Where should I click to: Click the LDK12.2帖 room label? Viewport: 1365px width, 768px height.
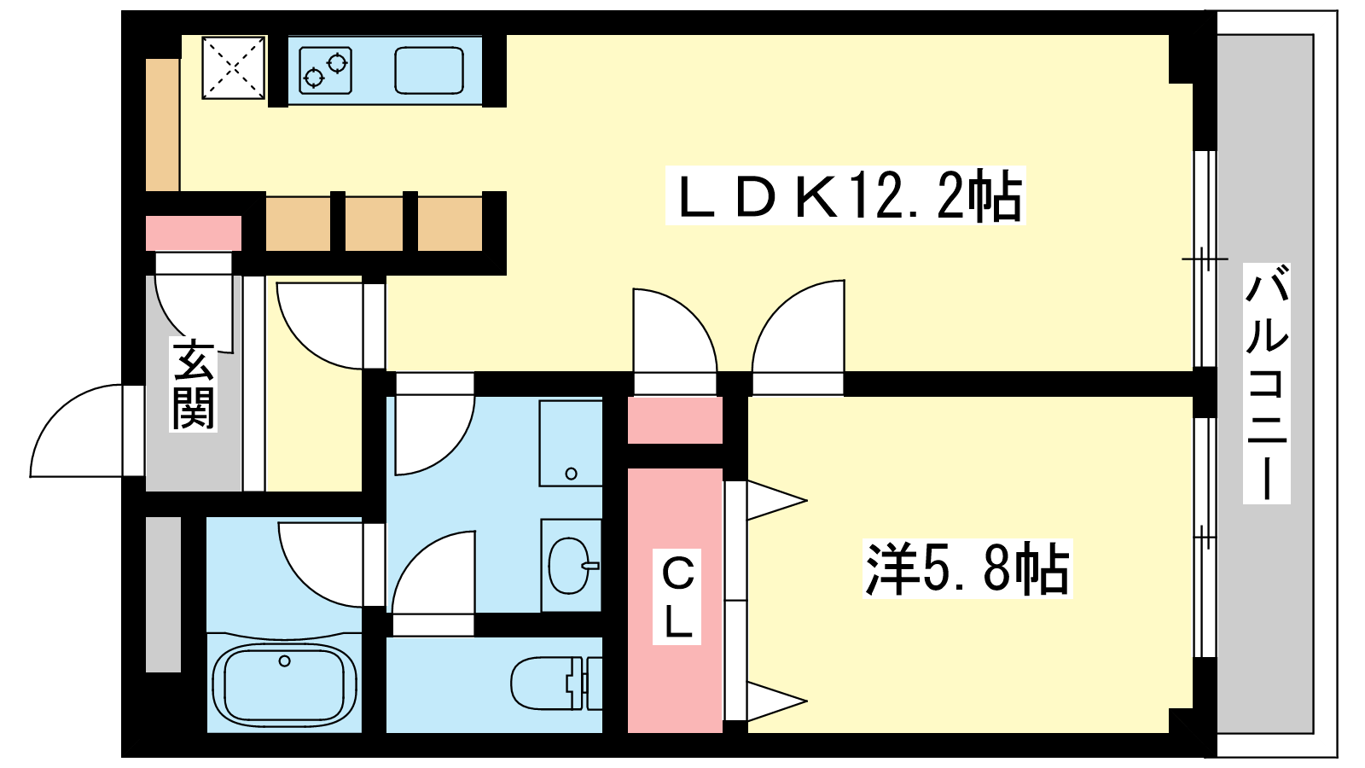coord(845,195)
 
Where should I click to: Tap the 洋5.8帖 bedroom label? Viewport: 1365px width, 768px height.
coord(967,568)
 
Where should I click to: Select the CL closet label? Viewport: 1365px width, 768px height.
coord(677,596)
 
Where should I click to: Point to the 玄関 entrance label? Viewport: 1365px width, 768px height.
coord(193,384)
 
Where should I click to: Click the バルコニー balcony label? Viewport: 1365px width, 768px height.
coord(1266,383)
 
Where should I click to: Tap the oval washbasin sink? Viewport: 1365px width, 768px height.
coord(572,566)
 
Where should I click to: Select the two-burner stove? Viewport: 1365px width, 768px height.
coord(325,70)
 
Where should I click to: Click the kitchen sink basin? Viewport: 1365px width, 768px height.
coord(429,70)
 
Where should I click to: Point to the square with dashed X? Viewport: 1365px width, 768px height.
coord(234,67)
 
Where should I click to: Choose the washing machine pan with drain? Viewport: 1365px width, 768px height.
coord(571,443)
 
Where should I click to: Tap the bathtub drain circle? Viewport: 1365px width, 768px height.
coord(284,660)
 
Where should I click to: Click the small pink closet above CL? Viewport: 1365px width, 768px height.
coord(675,420)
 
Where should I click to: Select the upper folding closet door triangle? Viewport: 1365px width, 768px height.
coord(777,500)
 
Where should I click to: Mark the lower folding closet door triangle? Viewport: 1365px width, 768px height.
coord(777,701)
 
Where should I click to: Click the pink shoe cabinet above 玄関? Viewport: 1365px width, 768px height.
coord(193,233)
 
